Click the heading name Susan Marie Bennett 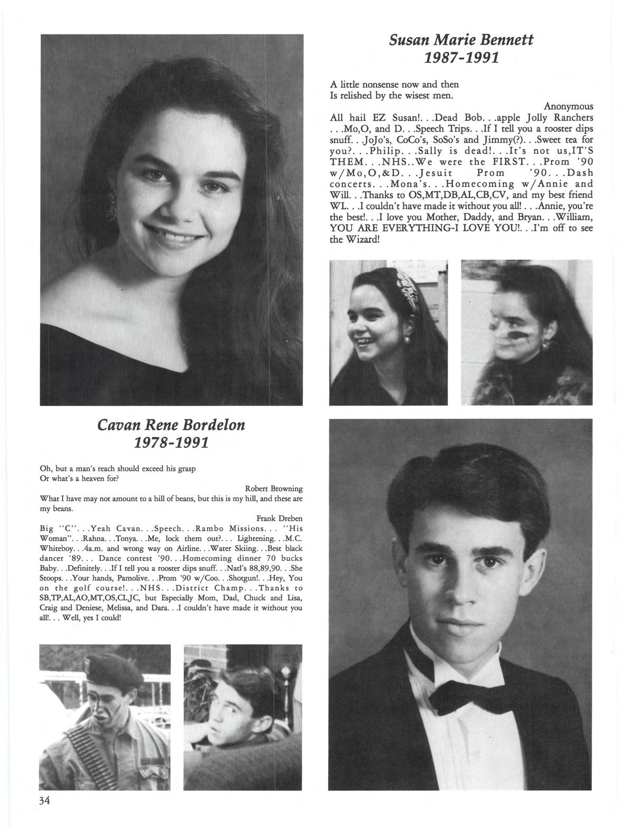[461, 39]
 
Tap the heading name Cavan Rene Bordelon [171, 424]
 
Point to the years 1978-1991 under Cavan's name [171, 441]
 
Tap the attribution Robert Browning [274, 488]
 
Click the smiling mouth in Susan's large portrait [169, 233]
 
